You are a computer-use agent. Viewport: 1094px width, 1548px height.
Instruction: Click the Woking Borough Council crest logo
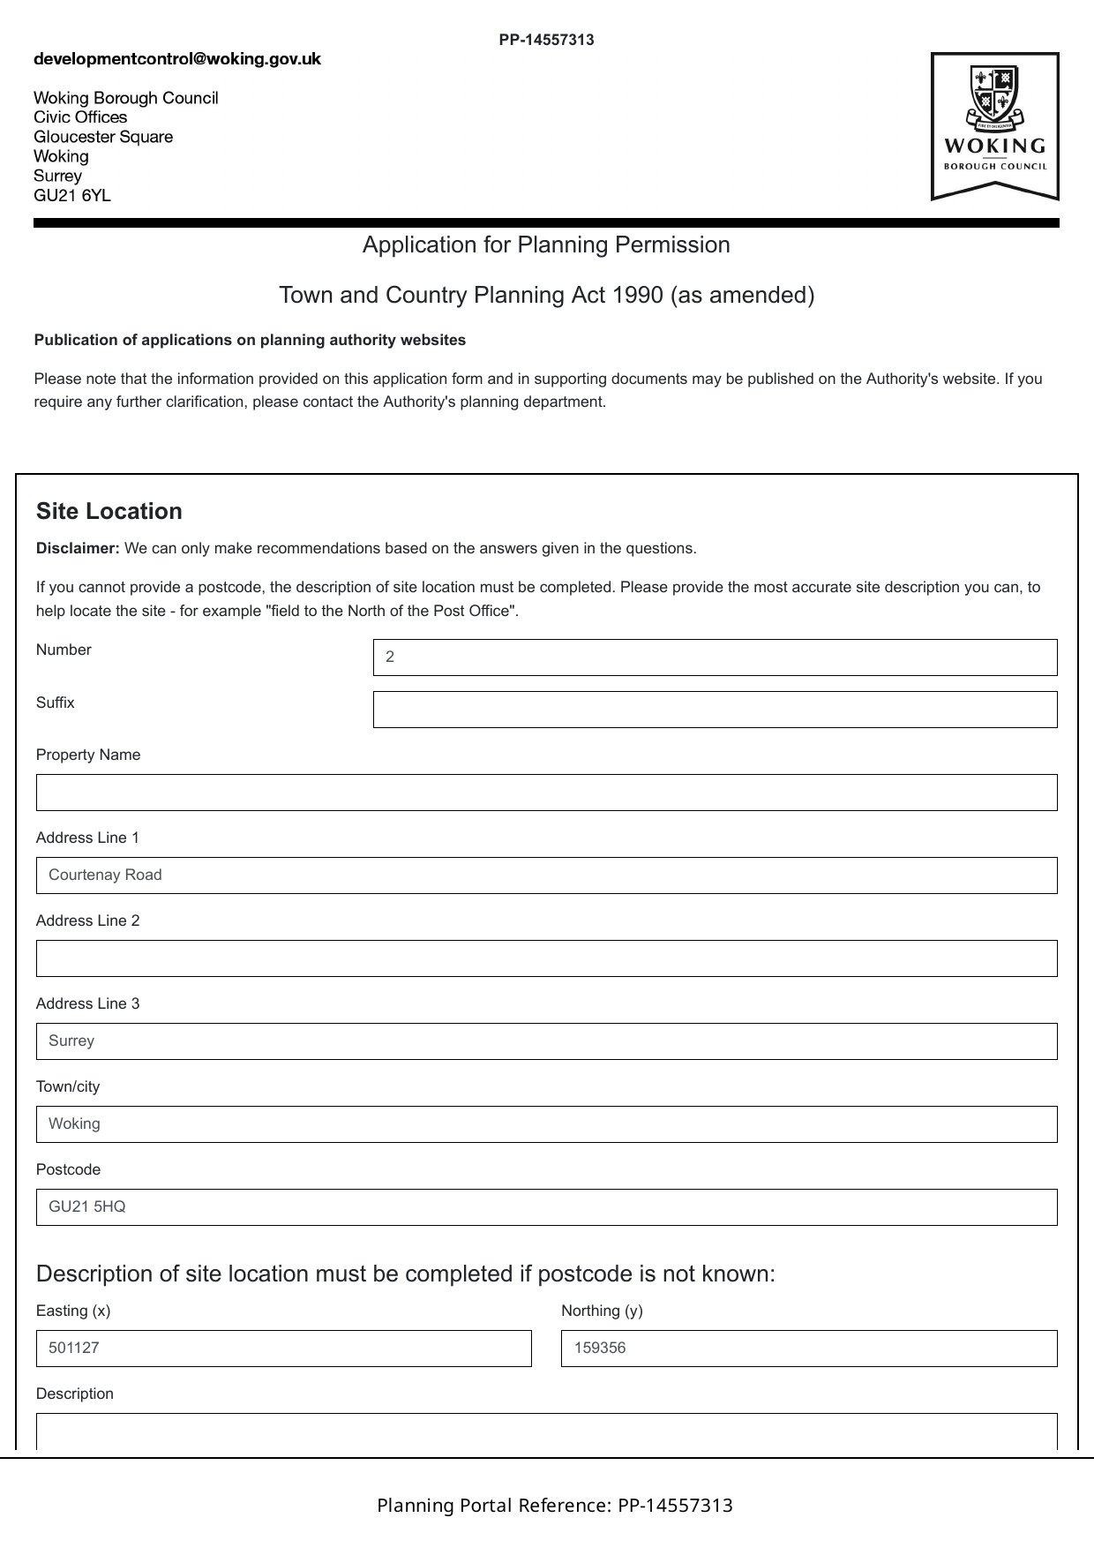point(994,125)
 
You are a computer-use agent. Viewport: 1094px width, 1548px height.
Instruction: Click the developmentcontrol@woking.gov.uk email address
point(177,59)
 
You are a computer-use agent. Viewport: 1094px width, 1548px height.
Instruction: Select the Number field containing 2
point(715,658)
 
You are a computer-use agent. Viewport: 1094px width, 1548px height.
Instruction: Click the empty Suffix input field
point(715,710)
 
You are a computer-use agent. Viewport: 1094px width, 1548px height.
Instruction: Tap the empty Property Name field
point(546,793)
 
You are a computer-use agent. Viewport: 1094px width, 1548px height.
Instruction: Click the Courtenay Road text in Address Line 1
point(106,875)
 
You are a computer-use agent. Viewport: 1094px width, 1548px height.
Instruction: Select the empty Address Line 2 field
point(546,958)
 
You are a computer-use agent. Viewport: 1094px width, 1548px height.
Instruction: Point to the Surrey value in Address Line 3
point(71,1041)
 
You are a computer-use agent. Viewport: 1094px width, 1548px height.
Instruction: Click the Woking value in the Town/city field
point(74,1124)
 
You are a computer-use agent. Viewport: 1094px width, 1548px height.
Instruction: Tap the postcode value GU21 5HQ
point(87,1207)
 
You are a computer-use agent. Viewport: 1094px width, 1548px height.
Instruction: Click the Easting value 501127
point(74,1349)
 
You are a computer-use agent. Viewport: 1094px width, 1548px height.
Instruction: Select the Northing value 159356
point(600,1349)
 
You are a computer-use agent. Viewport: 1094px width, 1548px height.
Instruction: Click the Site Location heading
point(109,512)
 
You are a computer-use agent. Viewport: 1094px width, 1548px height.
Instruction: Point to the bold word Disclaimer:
point(78,549)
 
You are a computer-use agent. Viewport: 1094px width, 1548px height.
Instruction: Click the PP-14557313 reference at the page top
point(546,40)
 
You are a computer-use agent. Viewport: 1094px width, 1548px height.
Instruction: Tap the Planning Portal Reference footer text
point(555,1505)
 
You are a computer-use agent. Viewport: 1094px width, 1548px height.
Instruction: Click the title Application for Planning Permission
point(546,244)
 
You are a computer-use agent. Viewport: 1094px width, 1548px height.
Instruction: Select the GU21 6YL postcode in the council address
point(72,196)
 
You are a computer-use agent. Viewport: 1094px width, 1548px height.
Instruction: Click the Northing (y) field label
point(602,1311)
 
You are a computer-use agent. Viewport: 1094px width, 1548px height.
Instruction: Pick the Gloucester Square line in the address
point(103,137)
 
